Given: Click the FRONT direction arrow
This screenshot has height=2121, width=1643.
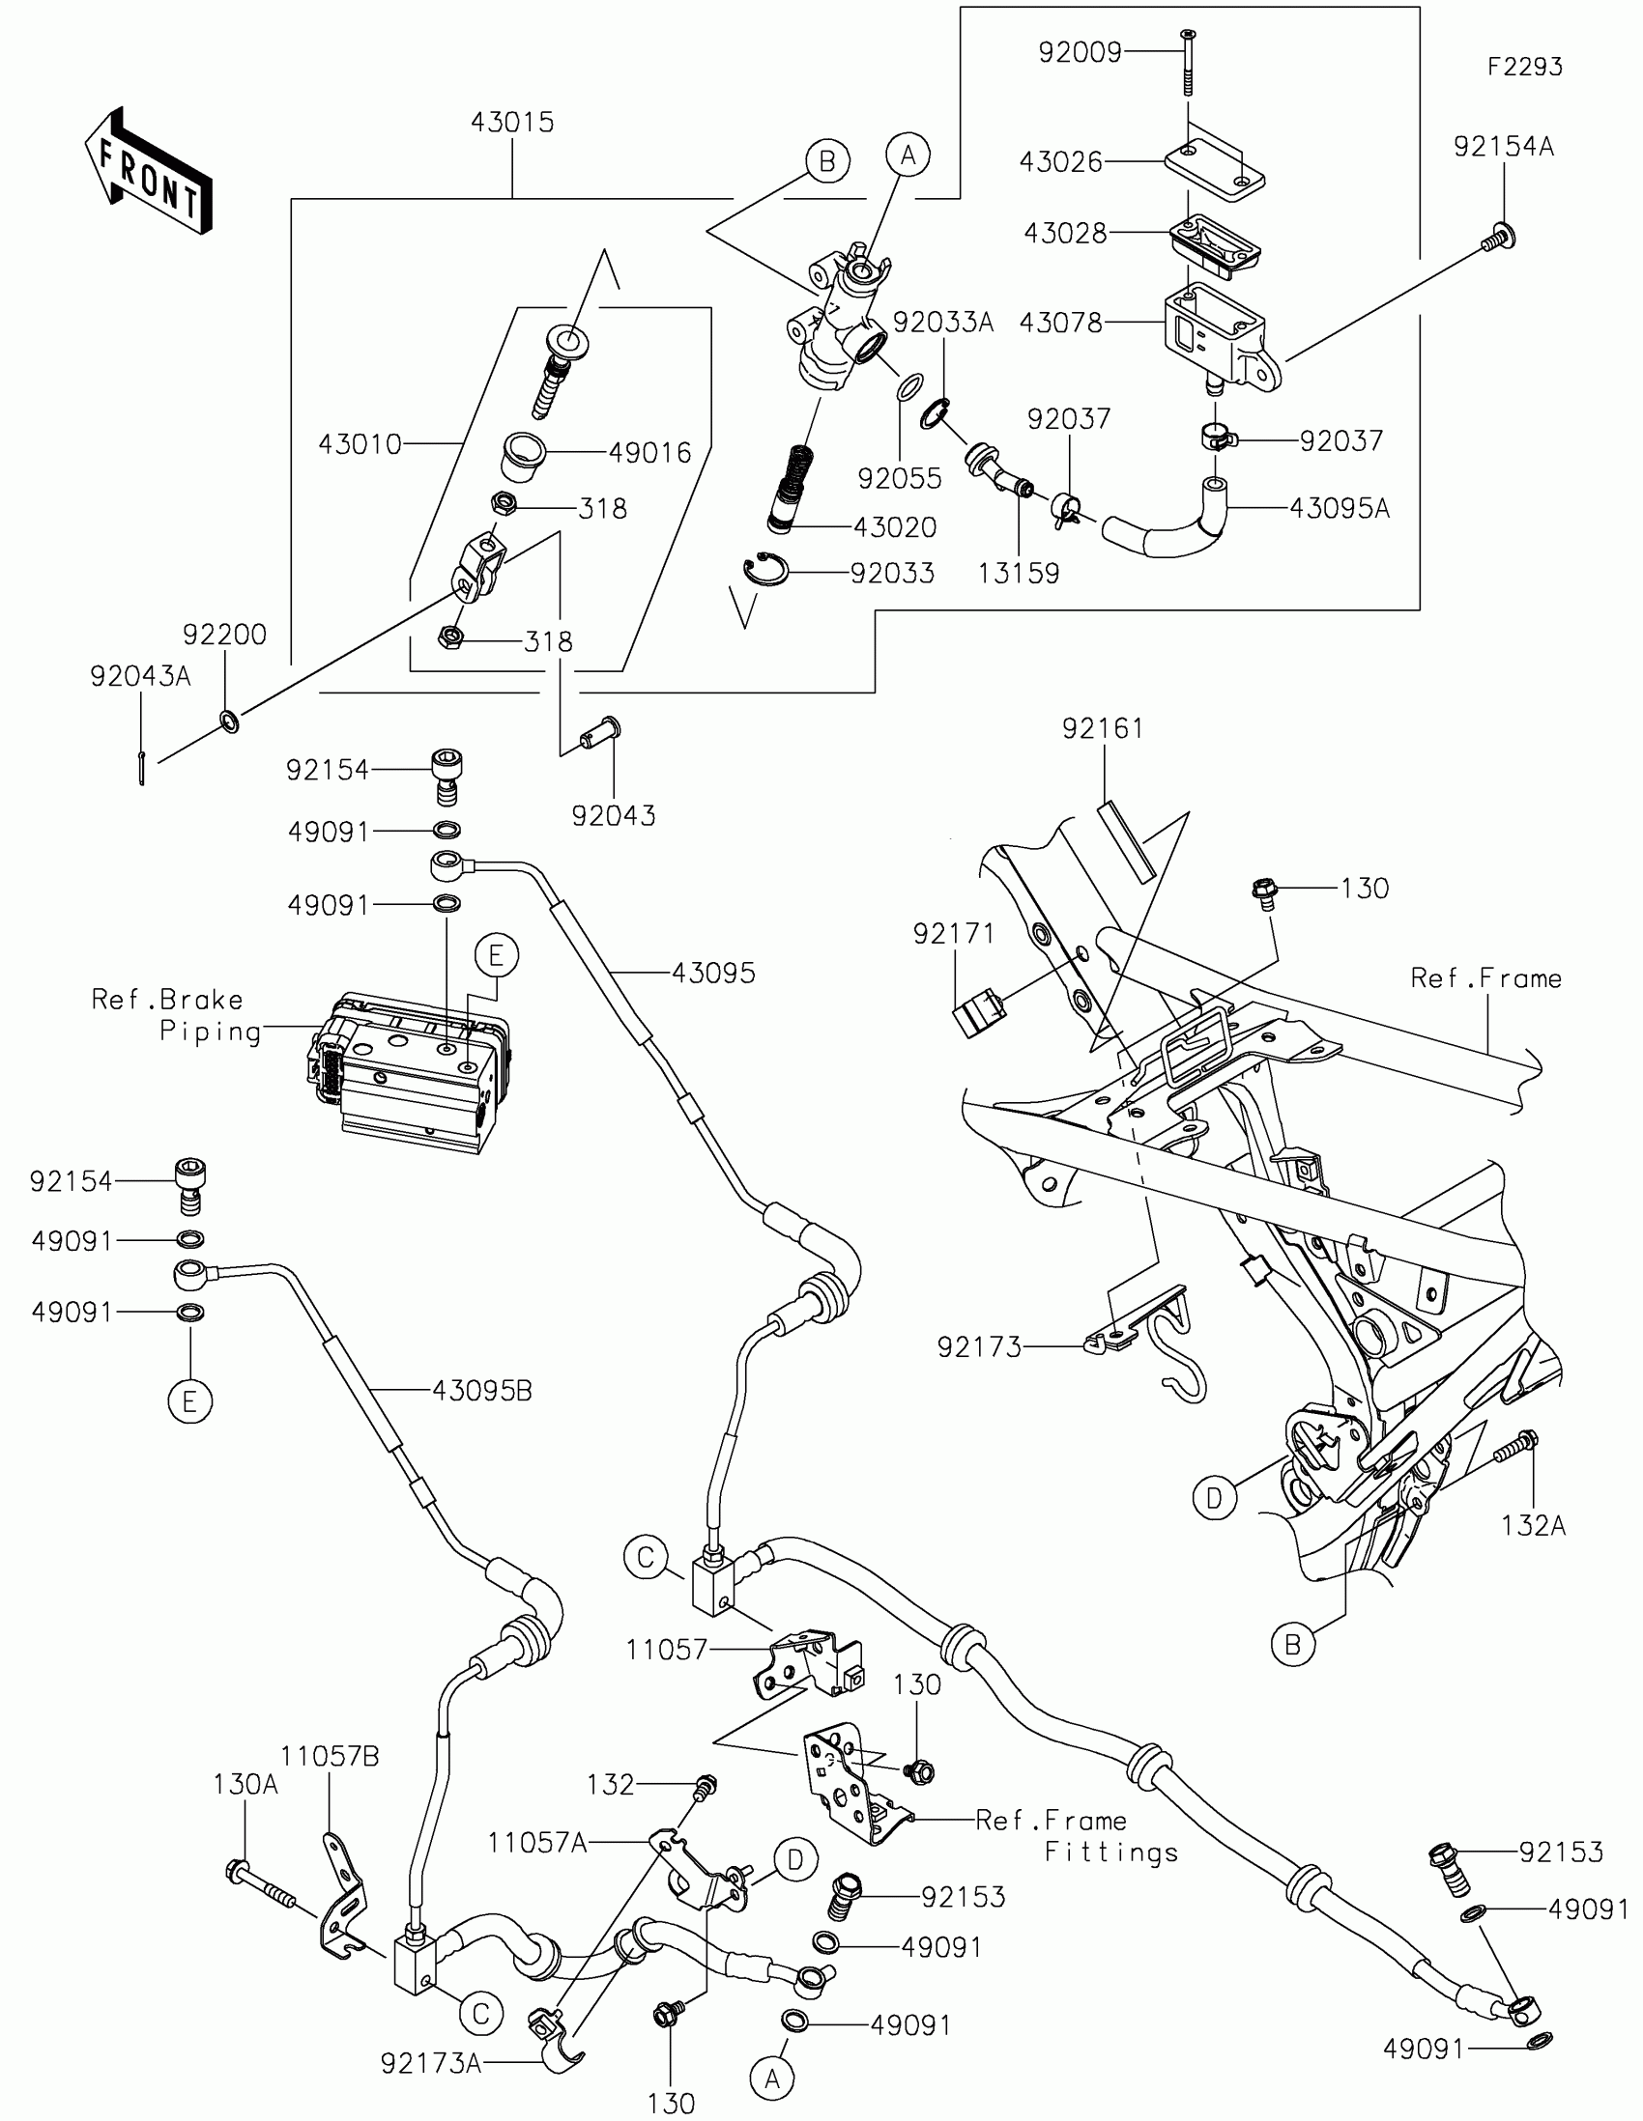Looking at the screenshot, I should (x=149, y=170).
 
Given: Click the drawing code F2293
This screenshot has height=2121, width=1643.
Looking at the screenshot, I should (x=1525, y=66).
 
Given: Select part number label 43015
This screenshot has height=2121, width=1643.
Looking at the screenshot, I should (x=512, y=123).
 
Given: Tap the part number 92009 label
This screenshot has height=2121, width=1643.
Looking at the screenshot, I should (x=1080, y=52).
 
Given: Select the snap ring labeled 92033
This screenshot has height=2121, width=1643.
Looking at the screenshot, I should (x=765, y=571).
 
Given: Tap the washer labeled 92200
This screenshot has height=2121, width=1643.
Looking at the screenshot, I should (x=230, y=721).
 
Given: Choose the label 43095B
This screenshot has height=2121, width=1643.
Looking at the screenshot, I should (x=482, y=1391).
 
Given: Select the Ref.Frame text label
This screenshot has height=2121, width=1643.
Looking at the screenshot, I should (x=1485, y=978).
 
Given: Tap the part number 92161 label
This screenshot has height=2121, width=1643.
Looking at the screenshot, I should (x=1103, y=728).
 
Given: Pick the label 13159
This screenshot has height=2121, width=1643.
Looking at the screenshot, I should (x=1019, y=573).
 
